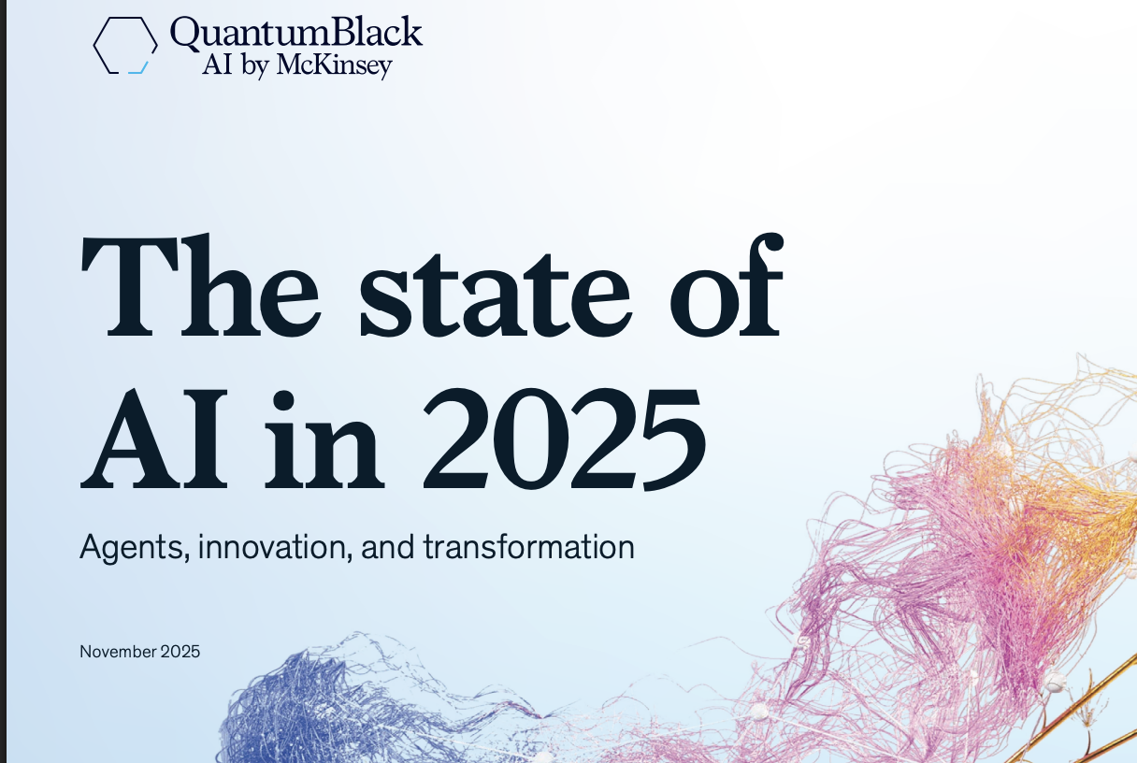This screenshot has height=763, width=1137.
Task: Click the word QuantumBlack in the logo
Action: [295, 33]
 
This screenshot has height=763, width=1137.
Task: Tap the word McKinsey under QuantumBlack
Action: [334, 65]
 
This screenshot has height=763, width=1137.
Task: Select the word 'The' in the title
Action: [201, 286]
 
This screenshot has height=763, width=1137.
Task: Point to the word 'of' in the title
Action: [727, 286]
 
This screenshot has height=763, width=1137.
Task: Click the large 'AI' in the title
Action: [153, 440]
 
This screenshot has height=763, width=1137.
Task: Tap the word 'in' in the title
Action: [324, 440]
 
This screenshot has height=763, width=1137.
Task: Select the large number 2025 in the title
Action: [565, 440]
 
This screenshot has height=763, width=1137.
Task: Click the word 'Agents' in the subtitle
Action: [135, 547]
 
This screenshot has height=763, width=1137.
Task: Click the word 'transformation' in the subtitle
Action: [529, 546]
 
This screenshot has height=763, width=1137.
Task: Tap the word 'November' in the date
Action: [118, 652]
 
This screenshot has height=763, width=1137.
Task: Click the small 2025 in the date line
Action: [180, 652]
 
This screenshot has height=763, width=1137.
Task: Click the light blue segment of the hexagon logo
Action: [139, 69]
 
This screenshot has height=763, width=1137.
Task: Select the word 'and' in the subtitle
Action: [387, 546]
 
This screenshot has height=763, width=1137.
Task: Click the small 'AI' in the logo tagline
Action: [217, 65]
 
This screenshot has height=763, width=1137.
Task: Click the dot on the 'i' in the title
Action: [283, 400]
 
